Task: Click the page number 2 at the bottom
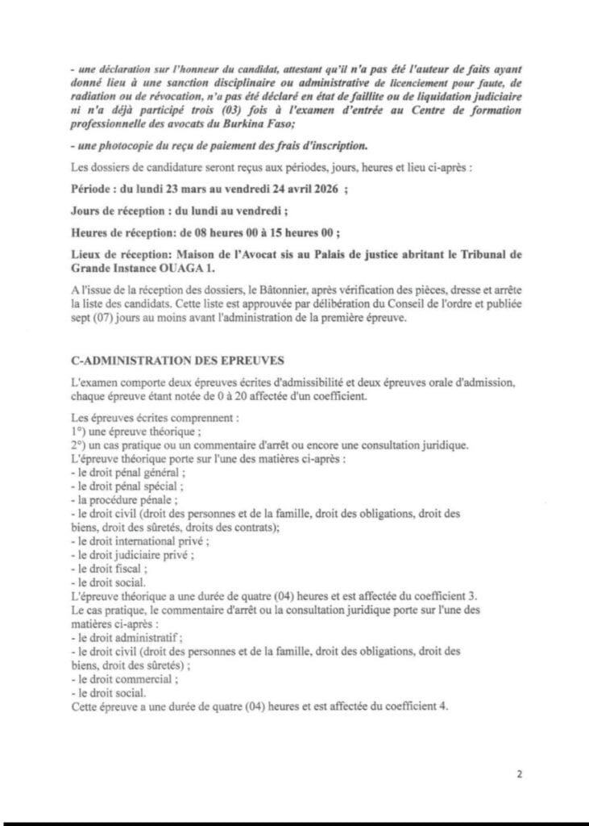tap(520, 775)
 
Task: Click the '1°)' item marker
tap(77, 430)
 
